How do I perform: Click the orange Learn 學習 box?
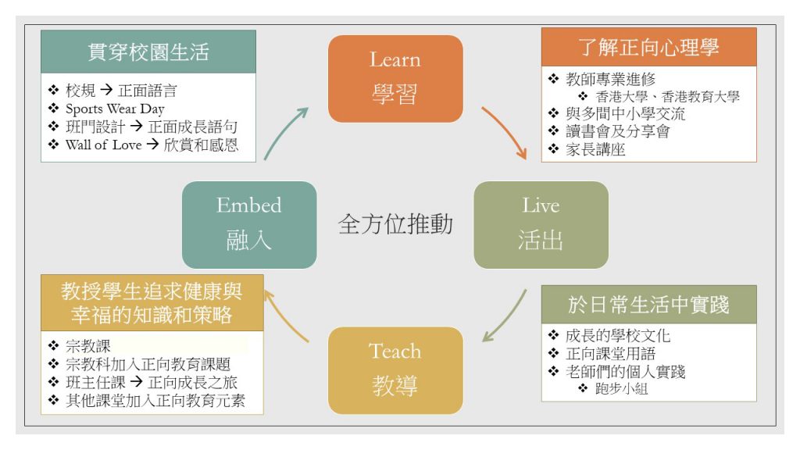[x=395, y=79]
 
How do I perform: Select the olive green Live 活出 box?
[x=541, y=225]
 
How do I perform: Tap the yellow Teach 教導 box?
[x=395, y=370]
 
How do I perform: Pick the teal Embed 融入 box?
[x=249, y=225]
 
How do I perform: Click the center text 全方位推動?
[x=395, y=224]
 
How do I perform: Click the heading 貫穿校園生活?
[x=148, y=52]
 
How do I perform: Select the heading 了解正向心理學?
[x=648, y=48]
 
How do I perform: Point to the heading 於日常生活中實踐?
[x=648, y=305]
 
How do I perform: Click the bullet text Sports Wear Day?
[x=115, y=109]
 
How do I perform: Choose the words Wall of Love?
[x=104, y=145]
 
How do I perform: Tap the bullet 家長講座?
[x=595, y=149]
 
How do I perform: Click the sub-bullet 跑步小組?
[x=621, y=389]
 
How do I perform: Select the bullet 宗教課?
[x=87, y=346]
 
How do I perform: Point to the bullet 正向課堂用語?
[x=610, y=354]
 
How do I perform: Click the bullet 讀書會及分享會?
[x=617, y=131]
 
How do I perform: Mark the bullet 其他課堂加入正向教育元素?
[x=155, y=401]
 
